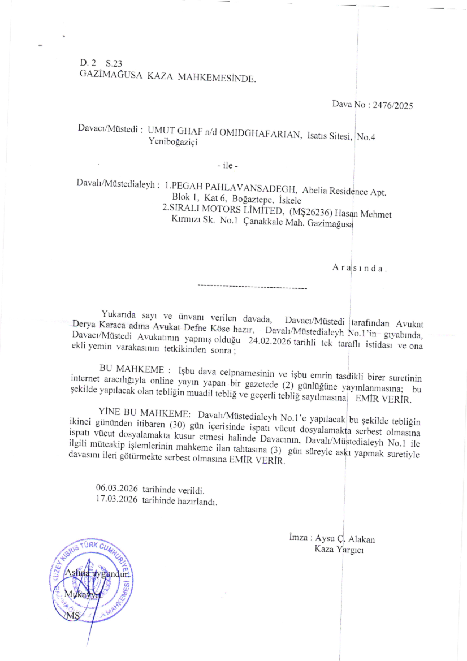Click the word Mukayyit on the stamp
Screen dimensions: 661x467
click(83, 594)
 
